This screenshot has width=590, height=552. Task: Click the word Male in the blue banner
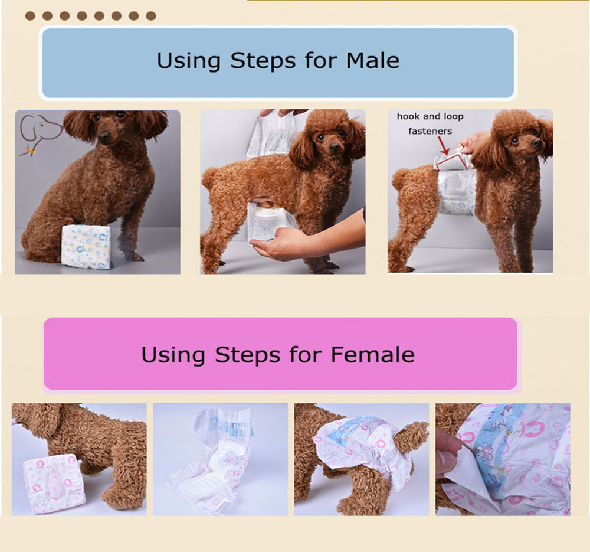click(x=372, y=61)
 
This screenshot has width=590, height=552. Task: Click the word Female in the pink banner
click(x=372, y=355)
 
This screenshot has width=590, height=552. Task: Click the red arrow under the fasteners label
click(x=444, y=145)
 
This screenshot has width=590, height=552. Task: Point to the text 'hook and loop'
click(x=430, y=116)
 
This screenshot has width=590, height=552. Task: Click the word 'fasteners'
click(x=430, y=131)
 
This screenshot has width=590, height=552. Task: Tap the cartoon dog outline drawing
click(x=40, y=133)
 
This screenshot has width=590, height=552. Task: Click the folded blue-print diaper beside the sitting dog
click(x=86, y=247)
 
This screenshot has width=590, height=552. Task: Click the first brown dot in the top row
click(x=30, y=16)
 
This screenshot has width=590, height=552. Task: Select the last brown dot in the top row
click(x=151, y=16)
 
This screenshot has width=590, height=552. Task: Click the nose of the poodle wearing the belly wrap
click(x=537, y=143)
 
